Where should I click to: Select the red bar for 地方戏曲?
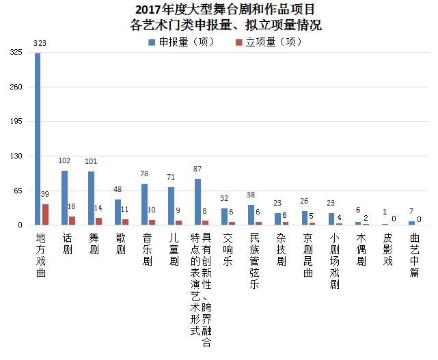coord(45,214)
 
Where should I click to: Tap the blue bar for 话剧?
coord(64,197)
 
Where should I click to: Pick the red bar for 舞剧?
coord(98,221)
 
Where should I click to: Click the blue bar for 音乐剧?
coord(144,204)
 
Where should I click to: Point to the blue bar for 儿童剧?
coord(171,206)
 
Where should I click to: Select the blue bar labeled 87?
coord(197,202)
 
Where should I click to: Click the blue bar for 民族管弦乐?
coord(251,214)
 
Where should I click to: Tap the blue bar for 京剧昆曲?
coord(304,218)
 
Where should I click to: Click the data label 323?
coord(40,44)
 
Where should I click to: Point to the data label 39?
coord(45,195)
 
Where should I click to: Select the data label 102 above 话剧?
coord(64,161)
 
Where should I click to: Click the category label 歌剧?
coord(120,244)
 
